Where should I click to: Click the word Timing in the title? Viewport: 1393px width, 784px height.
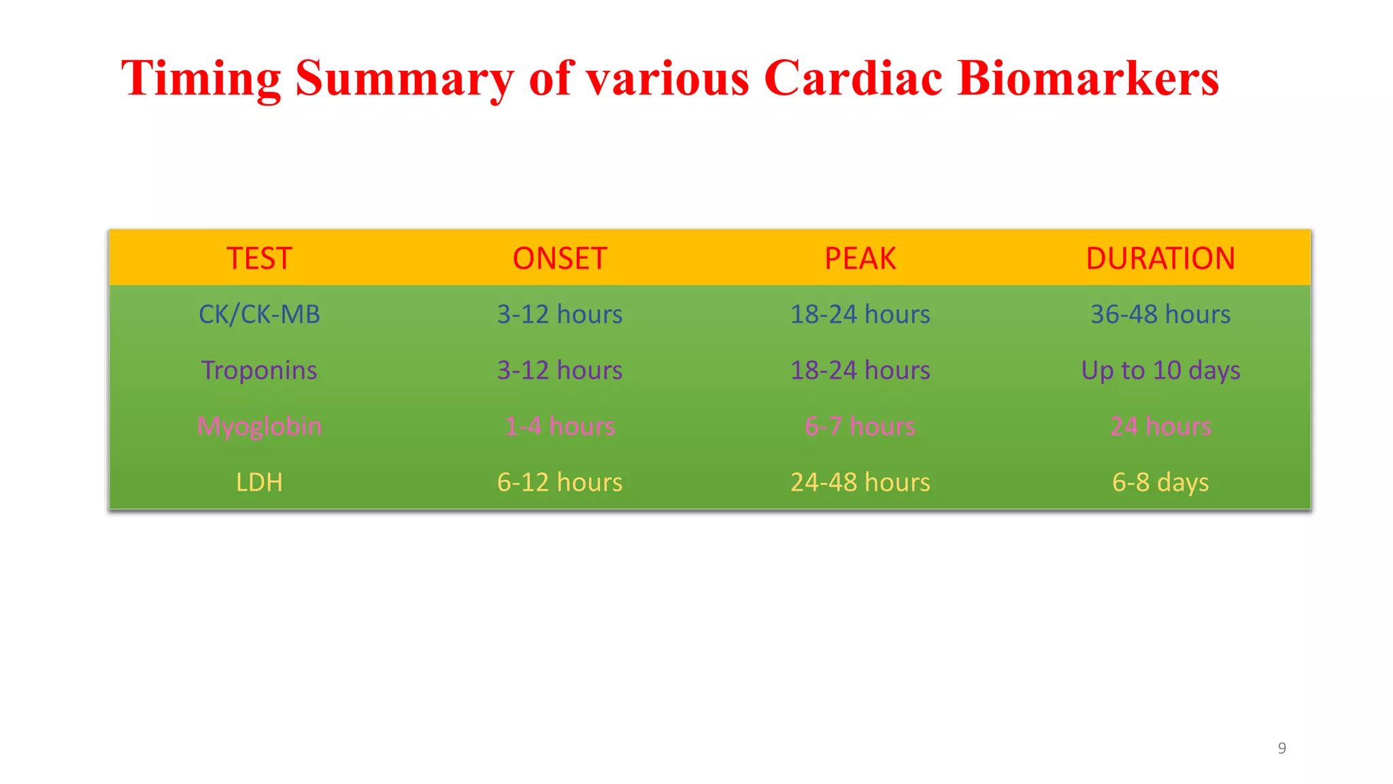[x=201, y=78]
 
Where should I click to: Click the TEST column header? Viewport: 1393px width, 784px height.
[x=259, y=259]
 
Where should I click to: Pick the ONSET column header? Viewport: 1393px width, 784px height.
[x=560, y=259]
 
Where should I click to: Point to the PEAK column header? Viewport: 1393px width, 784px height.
[x=860, y=259]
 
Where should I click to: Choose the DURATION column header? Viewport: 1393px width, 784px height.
[x=1160, y=259]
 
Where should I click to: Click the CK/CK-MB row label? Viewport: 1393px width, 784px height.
[x=259, y=314]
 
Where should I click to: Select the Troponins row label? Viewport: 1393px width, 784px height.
[x=259, y=370]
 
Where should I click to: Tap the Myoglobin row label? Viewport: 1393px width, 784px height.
[x=259, y=427]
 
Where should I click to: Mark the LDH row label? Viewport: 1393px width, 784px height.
[x=259, y=483]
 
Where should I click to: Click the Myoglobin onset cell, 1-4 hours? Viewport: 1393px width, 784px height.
[x=560, y=427]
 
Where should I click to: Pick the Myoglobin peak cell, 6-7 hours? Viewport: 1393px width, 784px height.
[x=860, y=427]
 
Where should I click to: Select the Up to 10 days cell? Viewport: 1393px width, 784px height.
[x=1160, y=370]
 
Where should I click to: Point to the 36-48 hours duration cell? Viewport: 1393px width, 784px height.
[x=1160, y=314]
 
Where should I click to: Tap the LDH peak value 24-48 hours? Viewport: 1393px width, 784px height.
[x=860, y=483]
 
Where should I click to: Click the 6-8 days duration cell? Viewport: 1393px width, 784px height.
[x=1160, y=483]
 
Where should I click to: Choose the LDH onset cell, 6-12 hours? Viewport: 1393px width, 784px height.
[x=560, y=483]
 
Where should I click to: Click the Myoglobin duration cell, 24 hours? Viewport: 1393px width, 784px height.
[x=1160, y=427]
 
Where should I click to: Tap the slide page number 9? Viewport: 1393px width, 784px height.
[x=1282, y=748]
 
